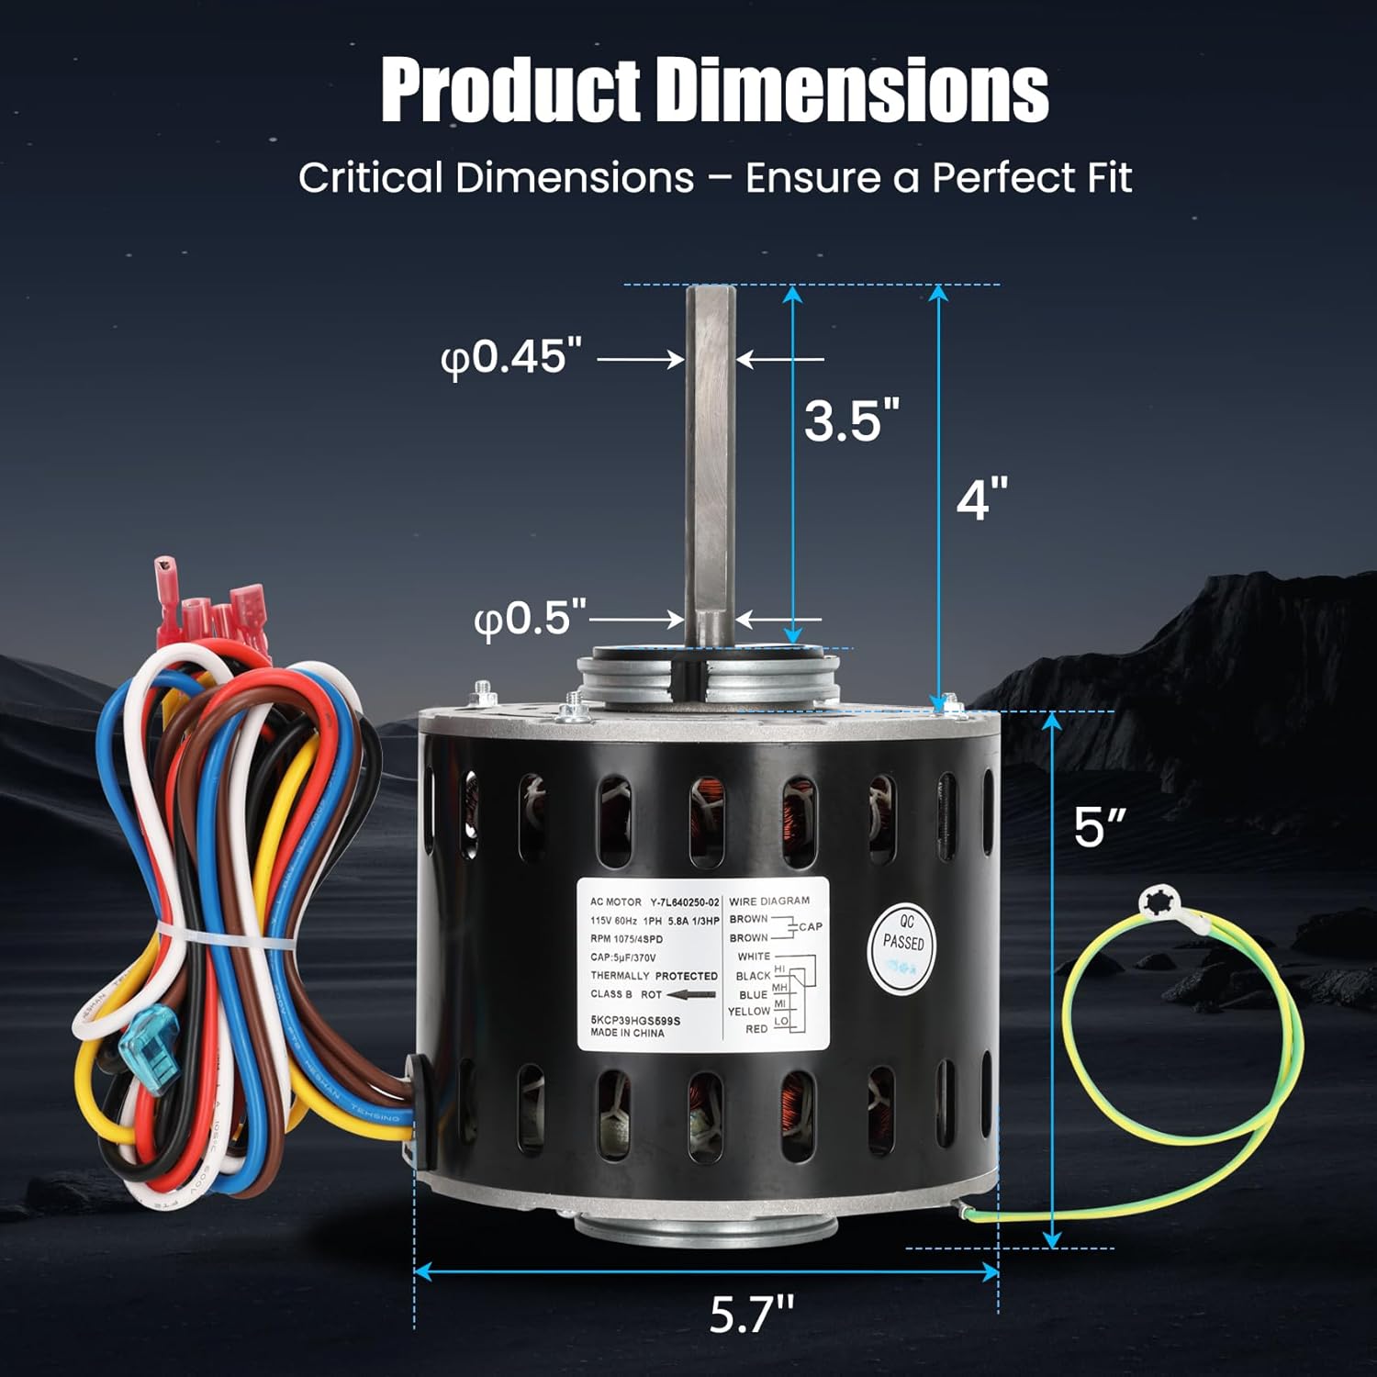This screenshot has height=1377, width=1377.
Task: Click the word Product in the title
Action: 510,90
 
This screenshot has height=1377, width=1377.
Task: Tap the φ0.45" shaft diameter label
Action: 511,357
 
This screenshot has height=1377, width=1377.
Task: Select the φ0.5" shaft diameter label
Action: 530,618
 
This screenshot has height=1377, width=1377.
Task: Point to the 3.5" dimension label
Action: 851,420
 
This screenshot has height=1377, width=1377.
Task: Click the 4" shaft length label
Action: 981,499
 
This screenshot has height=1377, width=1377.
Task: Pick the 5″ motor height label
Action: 1100,828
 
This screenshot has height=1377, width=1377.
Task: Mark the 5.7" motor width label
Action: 751,1315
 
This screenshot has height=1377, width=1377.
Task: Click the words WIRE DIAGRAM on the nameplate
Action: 769,901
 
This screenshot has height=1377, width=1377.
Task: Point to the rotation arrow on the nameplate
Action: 691,994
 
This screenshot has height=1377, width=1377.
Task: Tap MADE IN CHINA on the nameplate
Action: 627,1033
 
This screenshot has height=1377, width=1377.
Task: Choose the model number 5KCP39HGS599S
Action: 635,1020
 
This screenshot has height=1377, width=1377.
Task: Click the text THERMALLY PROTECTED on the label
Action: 654,976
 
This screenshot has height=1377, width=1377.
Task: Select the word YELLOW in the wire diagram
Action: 749,1012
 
